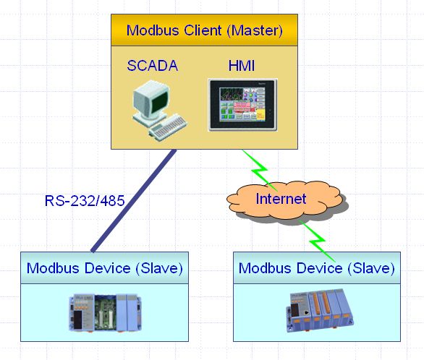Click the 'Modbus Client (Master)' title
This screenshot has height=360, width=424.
click(x=205, y=30)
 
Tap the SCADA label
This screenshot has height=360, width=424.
click(x=153, y=66)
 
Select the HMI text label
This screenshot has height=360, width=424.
click(x=242, y=66)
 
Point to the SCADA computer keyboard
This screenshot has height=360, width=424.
click(x=168, y=127)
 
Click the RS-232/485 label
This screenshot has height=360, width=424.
click(x=85, y=201)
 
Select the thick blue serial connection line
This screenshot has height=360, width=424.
click(x=134, y=201)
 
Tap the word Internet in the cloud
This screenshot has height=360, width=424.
click(x=281, y=199)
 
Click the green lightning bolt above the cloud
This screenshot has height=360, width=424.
click(x=259, y=170)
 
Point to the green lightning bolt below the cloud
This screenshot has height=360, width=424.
click(x=317, y=240)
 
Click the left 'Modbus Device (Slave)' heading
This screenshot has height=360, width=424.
click(x=105, y=268)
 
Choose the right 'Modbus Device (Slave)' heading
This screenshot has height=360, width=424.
click(x=317, y=268)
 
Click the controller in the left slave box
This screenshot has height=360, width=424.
click(x=105, y=312)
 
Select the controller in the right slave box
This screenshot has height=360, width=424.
click(x=320, y=310)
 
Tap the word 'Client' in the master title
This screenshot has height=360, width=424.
click(x=203, y=30)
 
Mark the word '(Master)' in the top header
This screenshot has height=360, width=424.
click(x=255, y=30)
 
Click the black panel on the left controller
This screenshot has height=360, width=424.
click(x=78, y=320)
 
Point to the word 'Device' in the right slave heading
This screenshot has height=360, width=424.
click(x=320, y=268)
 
